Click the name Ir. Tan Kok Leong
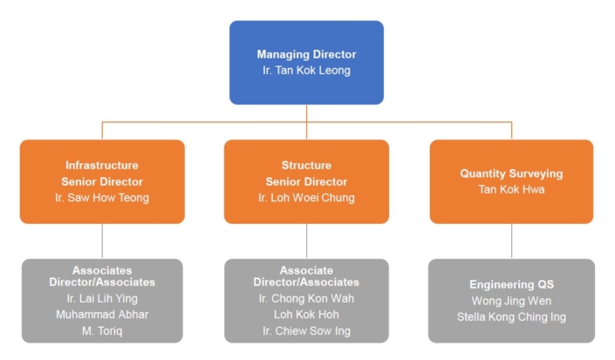[x=306, y=71]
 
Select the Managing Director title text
[x=306, y=54]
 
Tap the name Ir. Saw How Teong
[x=102, y=198]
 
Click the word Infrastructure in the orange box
[x=102, y=165]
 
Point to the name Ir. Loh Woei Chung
[x=306, y=198]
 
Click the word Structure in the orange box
[x=306, y=165]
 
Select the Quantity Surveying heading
[x=511, y=173]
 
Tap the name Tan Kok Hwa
[x=511, y=189]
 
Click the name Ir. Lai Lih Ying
[x=102, y=298]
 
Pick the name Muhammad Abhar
[x=102, y=315]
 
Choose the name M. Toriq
[x=102, y=331]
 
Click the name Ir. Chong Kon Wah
[x=306, y=298]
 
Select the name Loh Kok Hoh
[x=306, y=315]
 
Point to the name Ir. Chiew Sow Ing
[x=306, y=331]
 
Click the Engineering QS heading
[x=511, y=284]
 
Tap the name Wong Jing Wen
[x=511, y=301]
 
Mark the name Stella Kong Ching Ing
[x=511, y=317]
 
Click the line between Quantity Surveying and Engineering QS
[x=511, y=241]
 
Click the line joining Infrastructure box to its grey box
[x=102, y=241]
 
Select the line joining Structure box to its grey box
[x=306, y=241]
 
